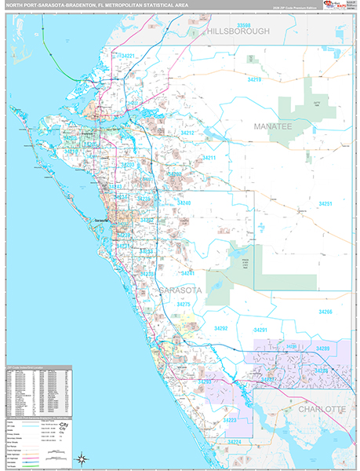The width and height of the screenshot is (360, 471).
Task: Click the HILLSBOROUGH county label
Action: pos(238,31)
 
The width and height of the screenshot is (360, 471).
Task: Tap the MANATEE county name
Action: pos(272,126)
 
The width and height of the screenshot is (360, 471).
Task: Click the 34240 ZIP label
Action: pos(184,203)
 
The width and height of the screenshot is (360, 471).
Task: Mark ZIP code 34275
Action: pos(184,304)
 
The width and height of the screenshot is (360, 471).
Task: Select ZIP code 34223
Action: pos(230,421)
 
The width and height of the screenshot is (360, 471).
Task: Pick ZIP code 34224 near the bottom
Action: pos(234,442)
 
